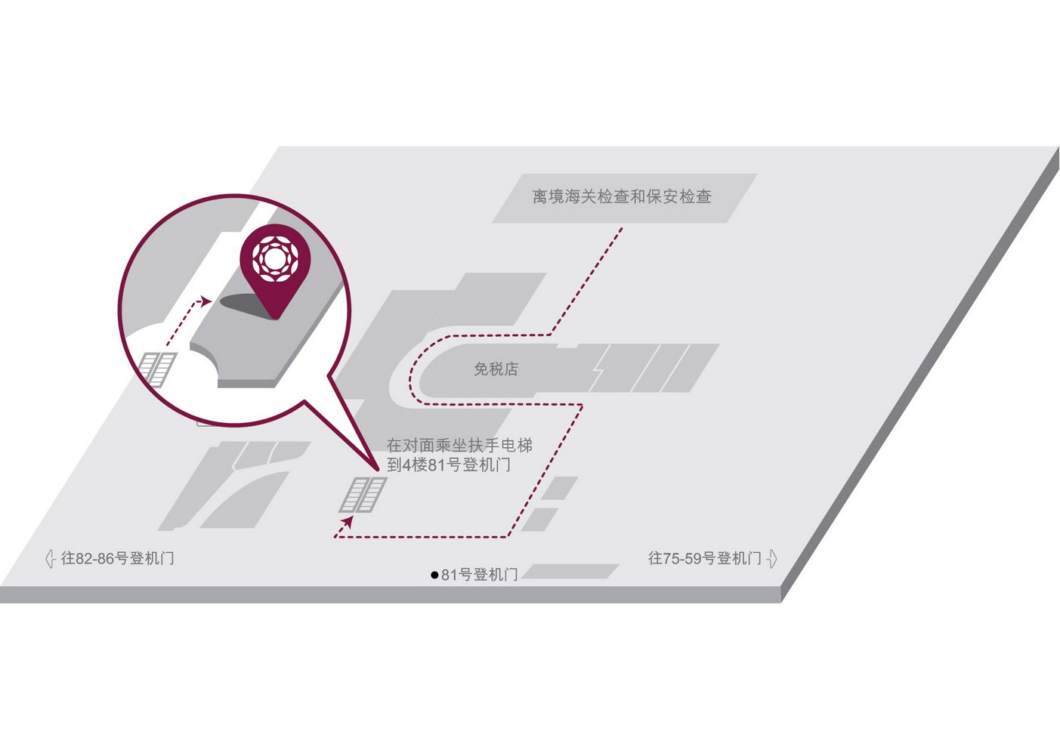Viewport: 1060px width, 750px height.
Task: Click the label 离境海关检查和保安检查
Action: click(x=621, y=196)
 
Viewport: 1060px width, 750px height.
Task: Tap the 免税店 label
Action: click(x=496, y=369)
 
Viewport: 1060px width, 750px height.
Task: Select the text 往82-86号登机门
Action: click(x=117, y=558)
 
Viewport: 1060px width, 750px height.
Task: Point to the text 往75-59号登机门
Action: click(x=705, y=558)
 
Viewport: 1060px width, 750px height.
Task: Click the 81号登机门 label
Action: click(x=479, y=575)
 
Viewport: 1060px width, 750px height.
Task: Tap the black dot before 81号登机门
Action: click(x=434, y=576)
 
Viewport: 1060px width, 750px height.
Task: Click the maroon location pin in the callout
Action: click(x=275, y=270)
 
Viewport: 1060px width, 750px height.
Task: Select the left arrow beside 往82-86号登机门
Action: click(x=50, y=559)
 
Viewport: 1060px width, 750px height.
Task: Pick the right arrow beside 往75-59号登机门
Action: click(x=772, y=559)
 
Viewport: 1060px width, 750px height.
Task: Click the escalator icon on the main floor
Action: click(x=363, y=495)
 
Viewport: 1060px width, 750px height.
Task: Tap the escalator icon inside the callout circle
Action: click(x=158, y=368)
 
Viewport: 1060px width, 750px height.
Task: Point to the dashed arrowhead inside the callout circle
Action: click(x=206, y=301)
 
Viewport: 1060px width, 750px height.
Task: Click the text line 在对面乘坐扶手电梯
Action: click(x=459, y=446)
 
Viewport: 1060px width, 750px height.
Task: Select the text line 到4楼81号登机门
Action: click(x=449, y=465)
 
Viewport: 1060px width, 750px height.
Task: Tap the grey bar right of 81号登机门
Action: click(x=570, y=571)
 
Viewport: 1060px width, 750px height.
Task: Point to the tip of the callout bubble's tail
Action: click(x=379, y=471)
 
